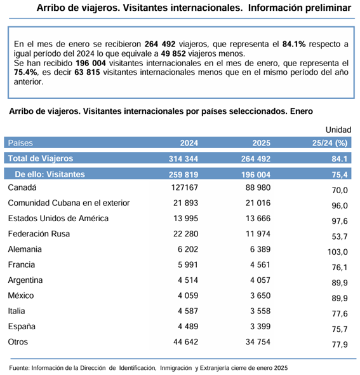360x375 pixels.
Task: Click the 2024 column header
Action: (189, 143)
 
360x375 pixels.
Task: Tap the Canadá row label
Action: (22, 187)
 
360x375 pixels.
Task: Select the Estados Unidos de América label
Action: (58, 218)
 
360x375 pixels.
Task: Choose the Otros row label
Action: (19, 342)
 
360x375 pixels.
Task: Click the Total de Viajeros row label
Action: (41, 158)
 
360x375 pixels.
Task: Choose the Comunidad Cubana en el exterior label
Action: (69, 203)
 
